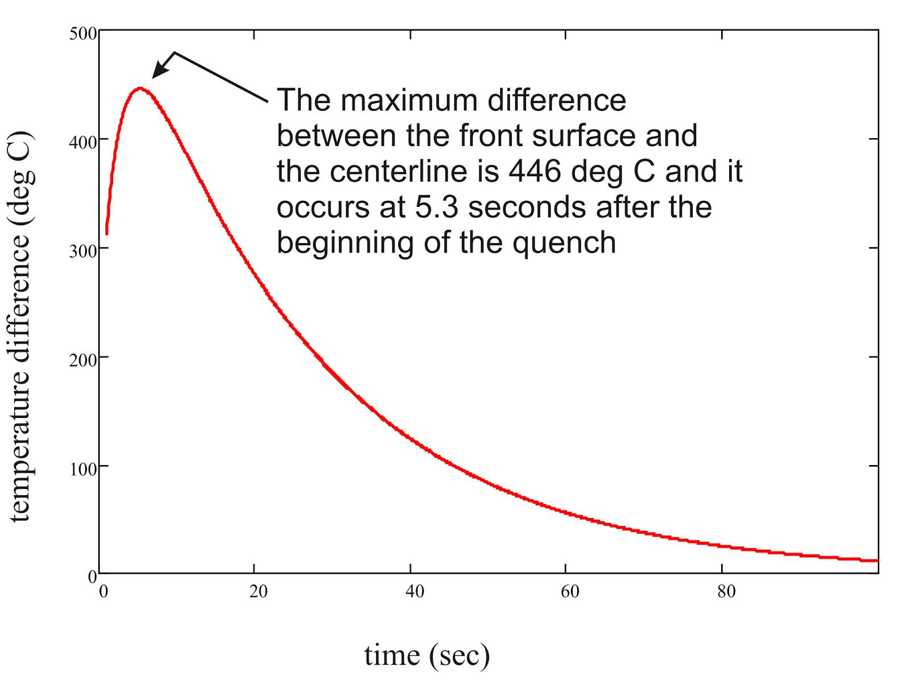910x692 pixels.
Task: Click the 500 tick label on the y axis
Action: pyautogui.click(x=83, y=34)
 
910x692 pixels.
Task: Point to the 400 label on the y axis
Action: pyautogui.click(x=83, y=142)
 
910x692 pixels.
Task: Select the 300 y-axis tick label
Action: pyautogui.click(x=83, y=251)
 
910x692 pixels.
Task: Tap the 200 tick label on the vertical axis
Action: pyautogui.click(x=83, y=360)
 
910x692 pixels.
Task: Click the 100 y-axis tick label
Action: pyautogui.click(x=83, y=469)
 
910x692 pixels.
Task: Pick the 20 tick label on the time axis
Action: pyautogui.click(x=258, y=591)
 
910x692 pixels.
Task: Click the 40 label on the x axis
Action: pyautogui.click(x=415, y=591)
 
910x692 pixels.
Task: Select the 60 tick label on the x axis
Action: pyautogui.click(x=570, y=591)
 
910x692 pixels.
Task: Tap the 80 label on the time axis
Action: pyautogui.click(x=726, y=591)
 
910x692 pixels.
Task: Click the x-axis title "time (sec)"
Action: pyautogui.click(x=427, y=655)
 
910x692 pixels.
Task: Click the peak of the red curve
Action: pyautogui.click(x=140, y=89)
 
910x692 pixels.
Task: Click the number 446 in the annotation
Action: pyautogui.click(x=535, y=171)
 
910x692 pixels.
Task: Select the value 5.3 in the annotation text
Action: pyautogui.click(x=436, y=207)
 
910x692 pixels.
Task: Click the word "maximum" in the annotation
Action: pyautogui.click(x=409, y=100)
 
